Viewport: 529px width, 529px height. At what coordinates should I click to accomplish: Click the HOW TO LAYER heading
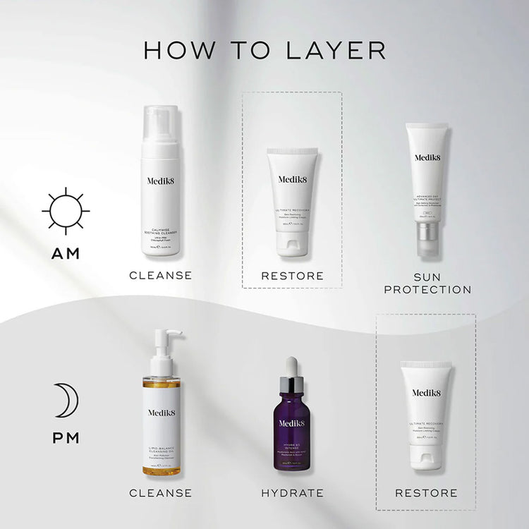coord(264,50)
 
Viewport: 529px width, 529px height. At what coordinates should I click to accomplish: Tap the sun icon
coord(66,211)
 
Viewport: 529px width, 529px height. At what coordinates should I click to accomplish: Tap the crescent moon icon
coord(66,401)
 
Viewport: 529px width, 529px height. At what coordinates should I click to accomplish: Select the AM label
coord(66,253)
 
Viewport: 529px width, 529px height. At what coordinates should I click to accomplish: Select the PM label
coord(66,438)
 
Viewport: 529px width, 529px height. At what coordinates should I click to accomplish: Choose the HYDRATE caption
coord(292,493)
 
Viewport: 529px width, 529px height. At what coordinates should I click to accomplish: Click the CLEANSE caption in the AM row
coord(160,275)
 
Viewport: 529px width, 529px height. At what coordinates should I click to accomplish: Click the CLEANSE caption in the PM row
coord(160,493)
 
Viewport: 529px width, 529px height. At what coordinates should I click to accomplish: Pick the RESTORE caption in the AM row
coord(292,275)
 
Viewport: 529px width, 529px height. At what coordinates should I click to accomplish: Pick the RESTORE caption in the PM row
coord(426,493)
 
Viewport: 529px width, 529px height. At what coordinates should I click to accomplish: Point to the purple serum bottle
coord(291,430)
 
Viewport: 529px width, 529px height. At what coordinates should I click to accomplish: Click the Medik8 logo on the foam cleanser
coord(161,181)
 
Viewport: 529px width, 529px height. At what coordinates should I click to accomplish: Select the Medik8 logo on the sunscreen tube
coord(427,158)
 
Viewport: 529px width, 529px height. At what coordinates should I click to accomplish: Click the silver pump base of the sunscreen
coord(427,232)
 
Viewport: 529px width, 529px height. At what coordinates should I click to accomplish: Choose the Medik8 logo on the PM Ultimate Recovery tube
coord(425,393)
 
